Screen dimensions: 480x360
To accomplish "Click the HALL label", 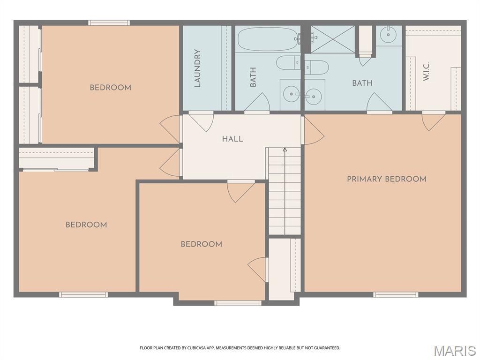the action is pos(232,139).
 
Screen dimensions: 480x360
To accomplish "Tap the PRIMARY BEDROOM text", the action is pos(386,179).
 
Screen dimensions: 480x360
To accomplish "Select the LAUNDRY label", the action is pos(197,68).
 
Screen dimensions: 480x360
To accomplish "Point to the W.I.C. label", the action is pos(426,71).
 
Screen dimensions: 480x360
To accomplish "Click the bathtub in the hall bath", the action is pos(267,39).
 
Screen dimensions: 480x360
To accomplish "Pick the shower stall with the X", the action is pos(333,39).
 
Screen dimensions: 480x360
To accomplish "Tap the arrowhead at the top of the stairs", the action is pos(285,150).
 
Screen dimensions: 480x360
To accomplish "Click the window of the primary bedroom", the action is pos(396,294).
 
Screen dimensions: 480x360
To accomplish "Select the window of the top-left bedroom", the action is pos(109,22).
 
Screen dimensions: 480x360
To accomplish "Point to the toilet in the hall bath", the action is pos(288,63).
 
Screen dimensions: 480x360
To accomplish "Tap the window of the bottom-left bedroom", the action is pos(83,294).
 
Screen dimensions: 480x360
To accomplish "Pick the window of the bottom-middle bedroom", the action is pos(238,303).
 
